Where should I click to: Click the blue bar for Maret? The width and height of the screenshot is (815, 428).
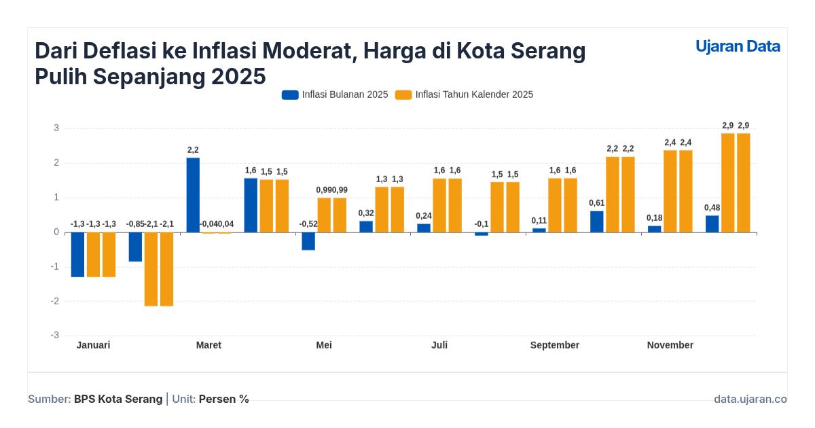coord(193,195)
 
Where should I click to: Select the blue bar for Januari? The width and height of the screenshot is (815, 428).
coord(77,254)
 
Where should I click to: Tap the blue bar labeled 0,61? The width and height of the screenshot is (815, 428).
coord(596,221)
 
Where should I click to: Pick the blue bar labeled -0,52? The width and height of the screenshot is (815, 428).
coord(308,241)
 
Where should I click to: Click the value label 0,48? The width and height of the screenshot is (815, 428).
coord(712,207)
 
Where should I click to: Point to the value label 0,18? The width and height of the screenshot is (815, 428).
coord(655,217)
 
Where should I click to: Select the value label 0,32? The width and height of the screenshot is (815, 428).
coord(366,213)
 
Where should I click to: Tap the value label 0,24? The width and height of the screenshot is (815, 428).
coord(424,216)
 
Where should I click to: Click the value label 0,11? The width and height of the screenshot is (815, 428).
coord(539,220)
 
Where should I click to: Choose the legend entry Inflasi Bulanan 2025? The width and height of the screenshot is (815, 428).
coord(335,94)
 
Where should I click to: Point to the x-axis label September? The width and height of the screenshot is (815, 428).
coord(555,345)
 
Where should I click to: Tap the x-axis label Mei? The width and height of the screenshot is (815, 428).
coord(324,345)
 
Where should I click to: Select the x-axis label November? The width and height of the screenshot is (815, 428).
coord(670,345)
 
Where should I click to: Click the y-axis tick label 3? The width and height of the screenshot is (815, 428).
coord(56,128)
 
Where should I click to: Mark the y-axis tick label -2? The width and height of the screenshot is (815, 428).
coord(55,301)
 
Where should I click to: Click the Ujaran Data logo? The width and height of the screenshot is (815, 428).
coord(738,46)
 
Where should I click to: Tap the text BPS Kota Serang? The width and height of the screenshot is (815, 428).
coord(118,399)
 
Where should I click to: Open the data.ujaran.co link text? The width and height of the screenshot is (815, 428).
coord(750,399)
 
